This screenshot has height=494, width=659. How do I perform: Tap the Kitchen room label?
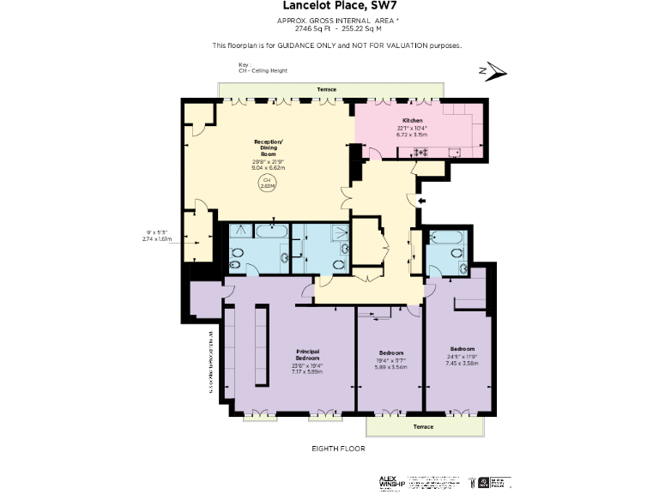pyautogui.click(x=412, y=120)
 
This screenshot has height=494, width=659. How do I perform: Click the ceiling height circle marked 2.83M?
pyautogui.click(x=268, y=182)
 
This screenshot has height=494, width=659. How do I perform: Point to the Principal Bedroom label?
pyautogui.click(x=307, y=353)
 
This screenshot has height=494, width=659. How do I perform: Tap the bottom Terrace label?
pyautogui.click(x=421, y=426)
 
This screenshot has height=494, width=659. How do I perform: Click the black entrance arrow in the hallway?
pyautogui.click(x=420, y=201)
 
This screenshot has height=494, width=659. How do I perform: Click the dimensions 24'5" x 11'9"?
pyautogui.click(x=461, y=357)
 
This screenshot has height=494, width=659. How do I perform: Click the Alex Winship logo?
pyautogui.click(x=391, y=482)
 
